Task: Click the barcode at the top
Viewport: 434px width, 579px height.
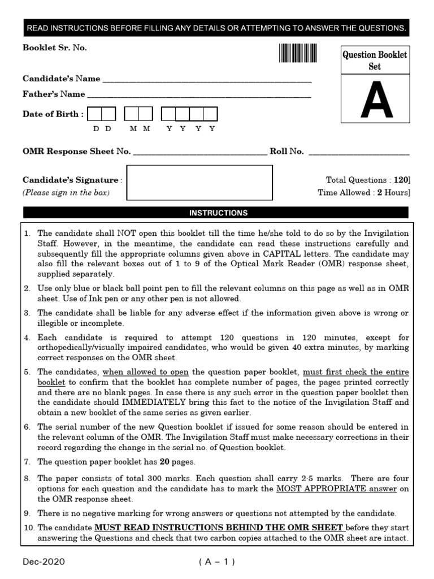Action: click(297, 53)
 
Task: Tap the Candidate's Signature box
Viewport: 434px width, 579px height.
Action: click(199, 183)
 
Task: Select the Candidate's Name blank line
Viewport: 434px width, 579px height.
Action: click(207, 80)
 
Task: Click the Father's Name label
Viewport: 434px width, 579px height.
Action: click(54, 94)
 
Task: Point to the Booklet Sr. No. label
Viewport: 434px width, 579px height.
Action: click(55, 47)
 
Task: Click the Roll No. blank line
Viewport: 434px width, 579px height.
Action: click(358, 152)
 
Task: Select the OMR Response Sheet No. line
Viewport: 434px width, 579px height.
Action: click(200, 152)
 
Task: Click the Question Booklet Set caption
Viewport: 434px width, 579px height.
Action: click(374, 61)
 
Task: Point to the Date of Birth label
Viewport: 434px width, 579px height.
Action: click(53, 114)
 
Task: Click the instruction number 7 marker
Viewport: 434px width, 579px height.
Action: click(27, 462)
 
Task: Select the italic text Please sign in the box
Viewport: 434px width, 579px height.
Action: click(66, 193)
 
